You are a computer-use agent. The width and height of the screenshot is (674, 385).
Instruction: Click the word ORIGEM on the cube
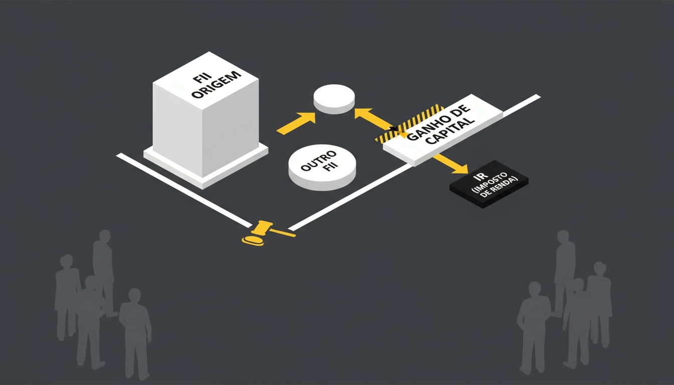(217, 85)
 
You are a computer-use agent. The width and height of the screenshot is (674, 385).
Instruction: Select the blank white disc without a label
(334, 99)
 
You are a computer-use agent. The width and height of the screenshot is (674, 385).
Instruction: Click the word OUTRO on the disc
(318, 160)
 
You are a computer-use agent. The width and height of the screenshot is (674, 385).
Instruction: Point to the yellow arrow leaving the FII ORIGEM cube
(296, 123)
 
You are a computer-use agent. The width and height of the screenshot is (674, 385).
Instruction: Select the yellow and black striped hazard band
(409, 123)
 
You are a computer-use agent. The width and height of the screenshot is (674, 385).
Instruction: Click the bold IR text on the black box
(479, 177)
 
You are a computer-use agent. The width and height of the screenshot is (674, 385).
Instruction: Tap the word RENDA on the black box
(505, 184)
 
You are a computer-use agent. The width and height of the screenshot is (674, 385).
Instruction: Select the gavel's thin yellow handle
(283, 232)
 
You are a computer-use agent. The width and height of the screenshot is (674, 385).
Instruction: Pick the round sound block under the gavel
(253, 241)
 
